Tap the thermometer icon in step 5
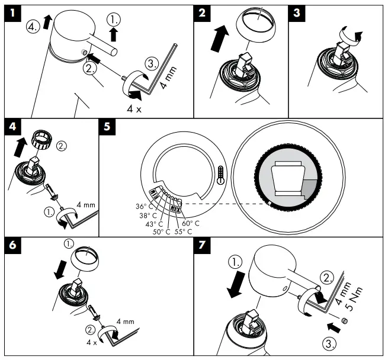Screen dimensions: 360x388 click(221, 175)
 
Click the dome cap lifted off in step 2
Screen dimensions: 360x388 click(259, 27)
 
